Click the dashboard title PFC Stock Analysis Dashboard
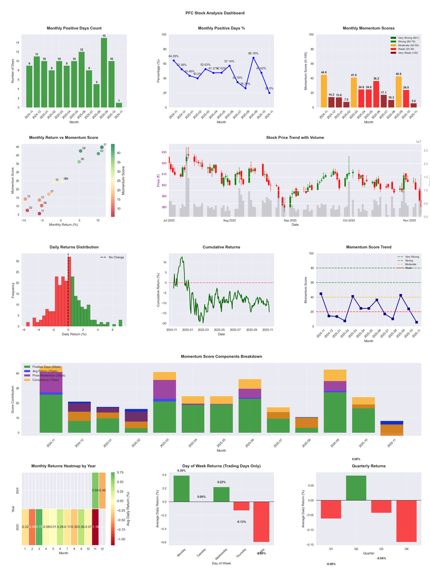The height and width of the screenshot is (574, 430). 214,13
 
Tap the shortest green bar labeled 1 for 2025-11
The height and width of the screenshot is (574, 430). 119,104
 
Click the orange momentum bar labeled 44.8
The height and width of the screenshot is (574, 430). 324,91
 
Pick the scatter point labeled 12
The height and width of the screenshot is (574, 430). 25,199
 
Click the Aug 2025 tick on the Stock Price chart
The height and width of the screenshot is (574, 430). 230,220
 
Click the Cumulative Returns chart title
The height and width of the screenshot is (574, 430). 221,247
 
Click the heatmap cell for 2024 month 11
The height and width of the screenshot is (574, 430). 95,491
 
